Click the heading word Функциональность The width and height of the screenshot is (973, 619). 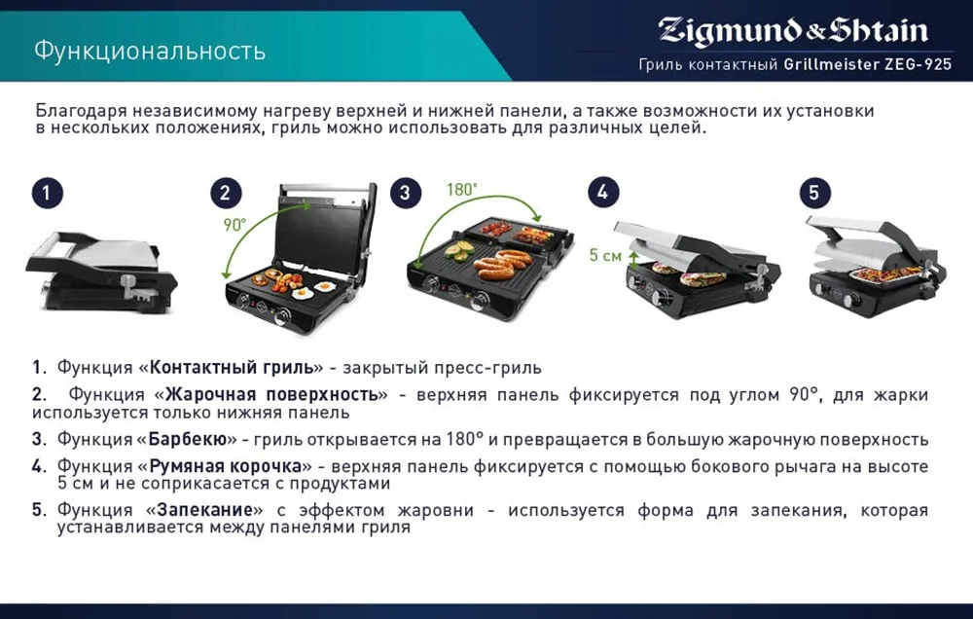[x=150, y=51]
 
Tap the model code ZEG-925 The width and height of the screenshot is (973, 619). [x=918, y=64]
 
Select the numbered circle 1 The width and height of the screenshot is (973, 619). [x=47, y=193]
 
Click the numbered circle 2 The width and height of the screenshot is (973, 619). [x=226, y=193]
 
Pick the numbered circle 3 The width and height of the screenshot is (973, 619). [x=405, y=193]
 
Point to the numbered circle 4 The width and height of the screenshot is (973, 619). [x=603, y=192]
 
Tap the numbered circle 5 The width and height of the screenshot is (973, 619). [x=814, y=192]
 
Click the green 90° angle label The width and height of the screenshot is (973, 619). [x=235, y=225]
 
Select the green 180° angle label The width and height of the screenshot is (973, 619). [x=462, y=190]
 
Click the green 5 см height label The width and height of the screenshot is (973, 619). [x=605, y=255]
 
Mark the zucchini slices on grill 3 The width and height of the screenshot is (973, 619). [x=460, y=250]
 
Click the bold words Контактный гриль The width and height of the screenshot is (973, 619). [x=233, y=368]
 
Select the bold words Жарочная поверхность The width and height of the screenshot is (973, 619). [x=271, y=395]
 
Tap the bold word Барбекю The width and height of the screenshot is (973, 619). [x=188, y=440]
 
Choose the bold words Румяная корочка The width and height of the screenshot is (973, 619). [x=226, y=466]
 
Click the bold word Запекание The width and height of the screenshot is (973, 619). [x=204, y=510]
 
